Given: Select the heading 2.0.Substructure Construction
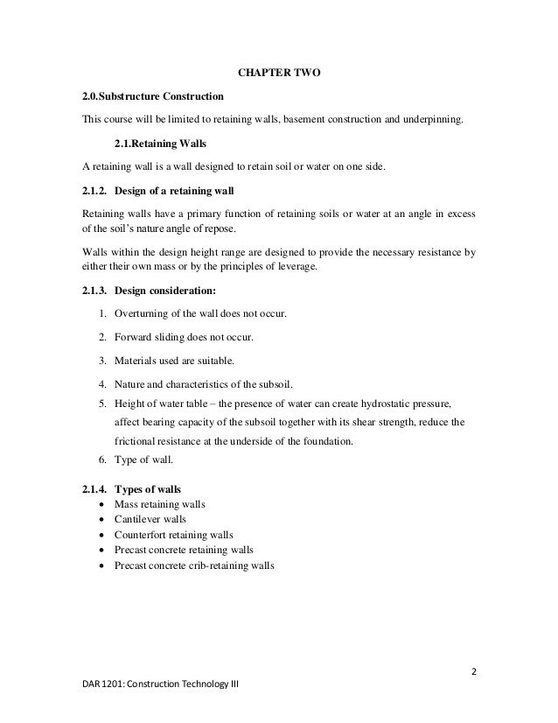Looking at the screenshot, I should pos(152,95).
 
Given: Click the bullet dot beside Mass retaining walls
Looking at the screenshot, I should pos(106,504).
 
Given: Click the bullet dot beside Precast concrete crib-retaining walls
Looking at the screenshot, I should pos(106,565).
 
